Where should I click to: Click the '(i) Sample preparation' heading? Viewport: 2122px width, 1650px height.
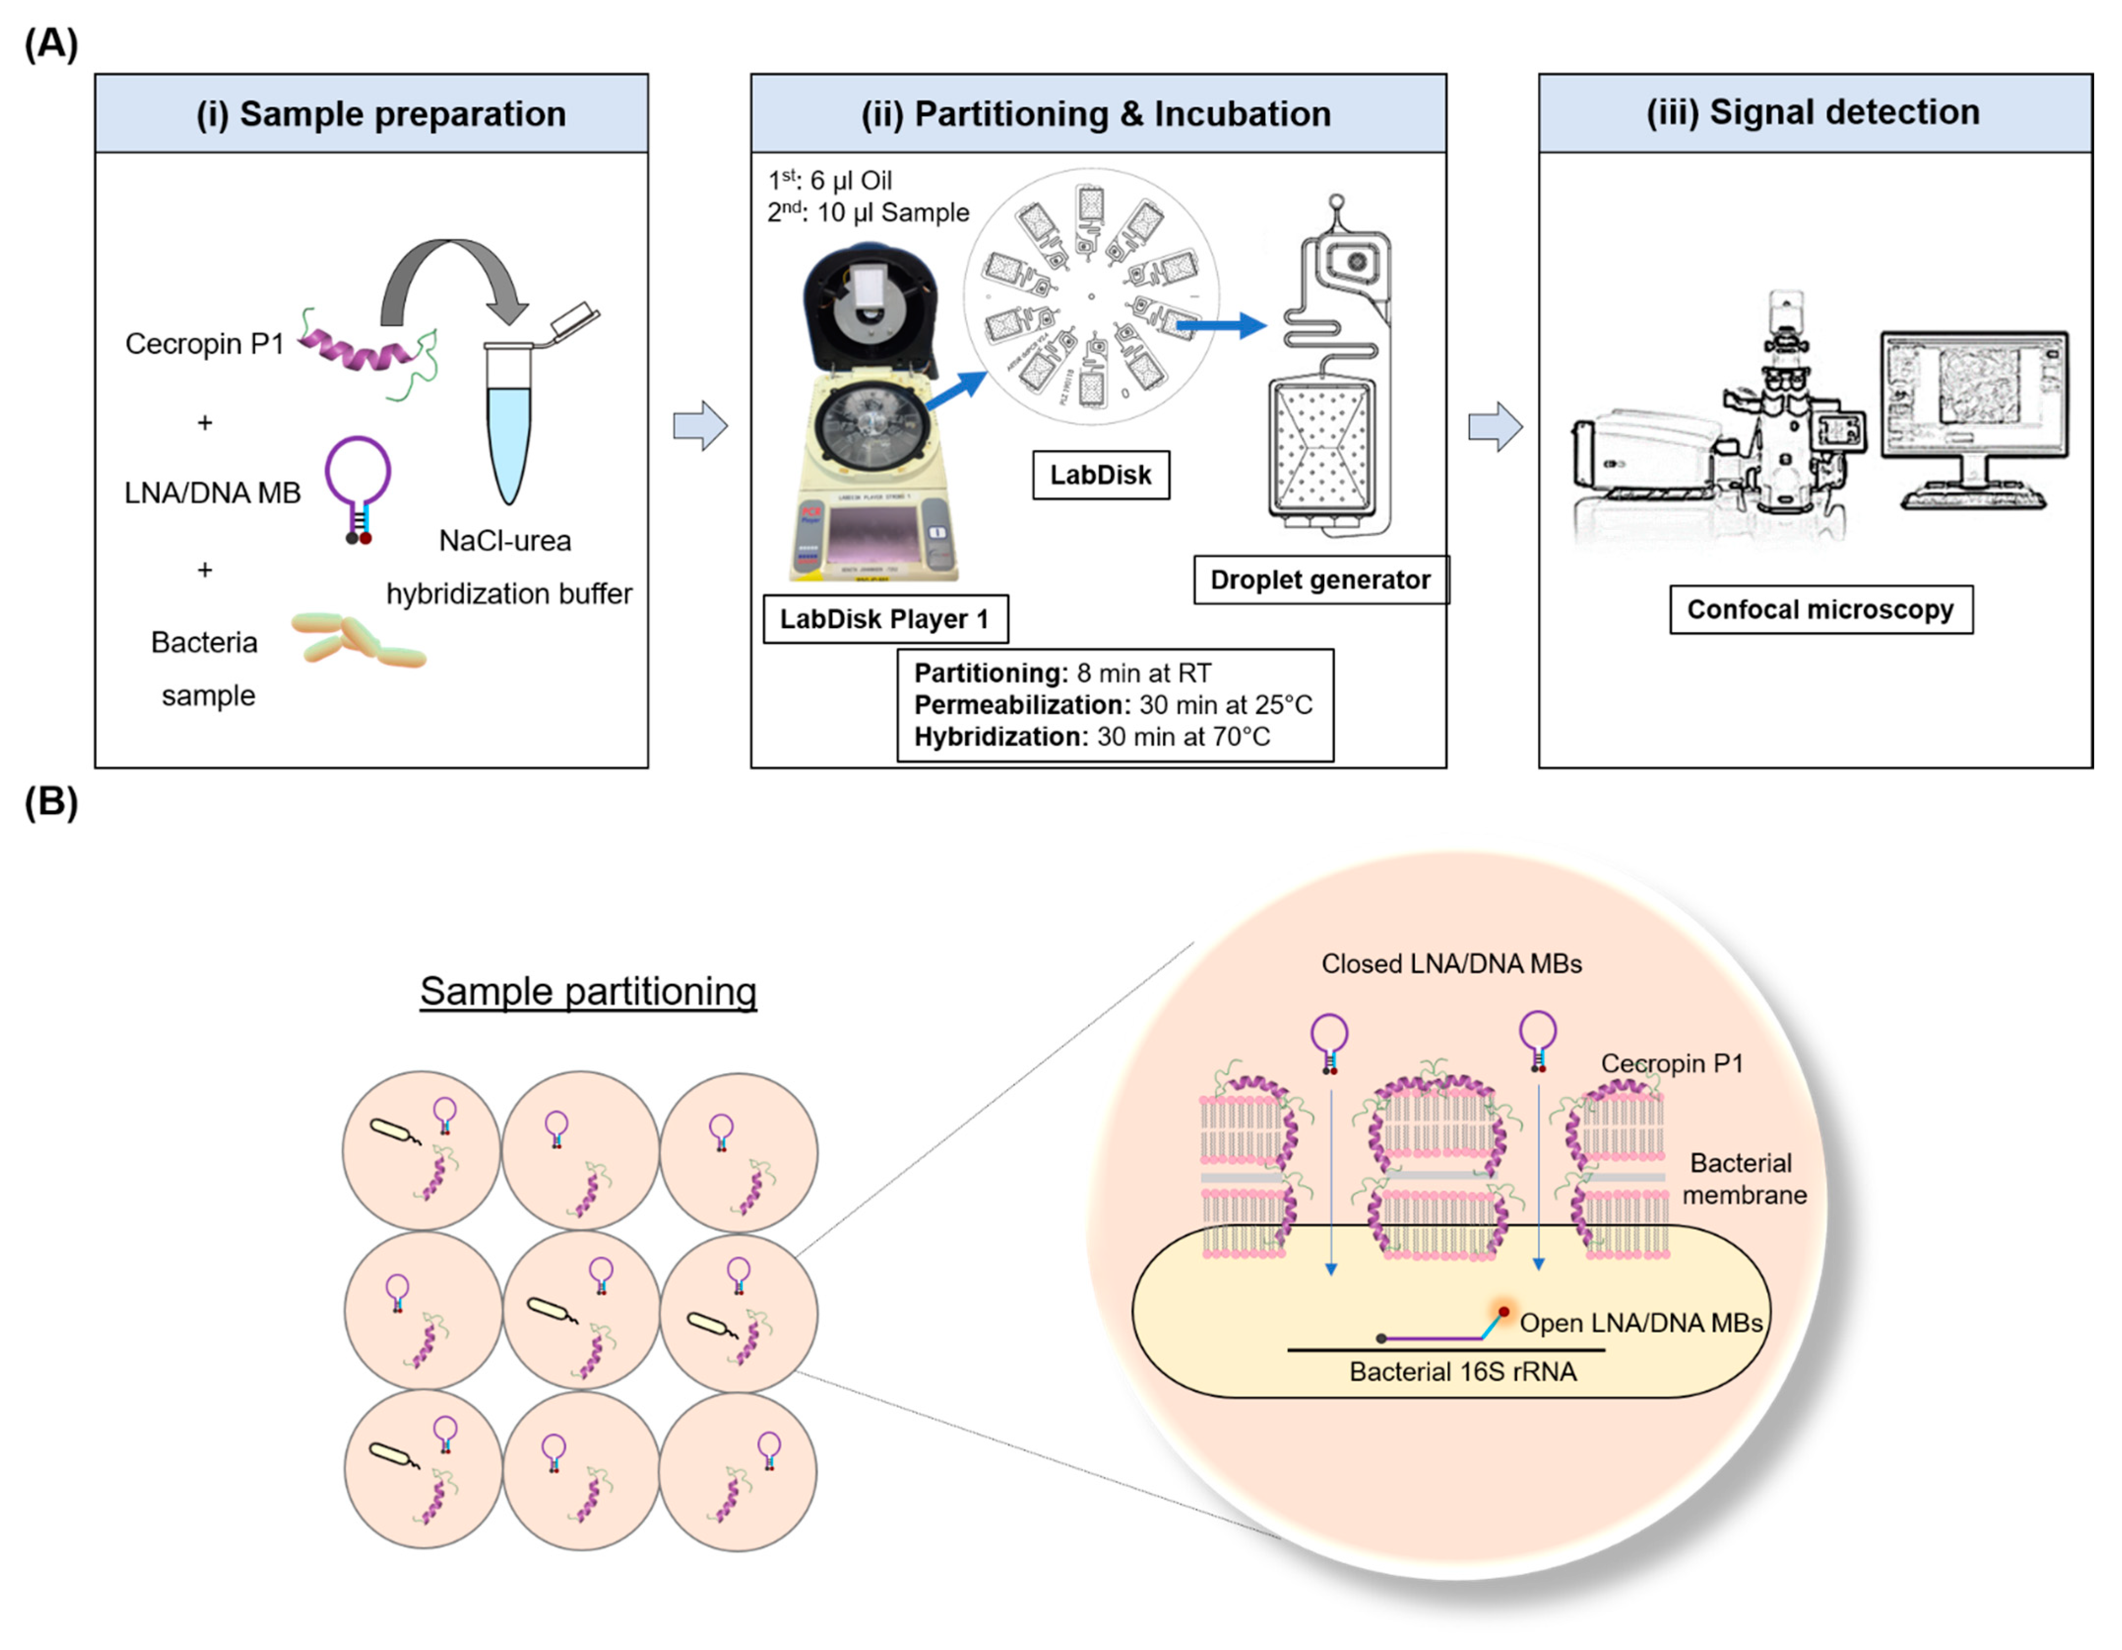(x=381, y=114)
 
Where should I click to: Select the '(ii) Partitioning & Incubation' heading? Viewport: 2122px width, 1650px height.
(x=1096, y=114)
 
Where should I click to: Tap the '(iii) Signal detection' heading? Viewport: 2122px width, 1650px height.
(x=1813, y=112)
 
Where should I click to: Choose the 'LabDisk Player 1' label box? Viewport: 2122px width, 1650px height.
(x=884, y=619)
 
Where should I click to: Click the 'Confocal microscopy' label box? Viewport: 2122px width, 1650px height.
(x=1820, y=609)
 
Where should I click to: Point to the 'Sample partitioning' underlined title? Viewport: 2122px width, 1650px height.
(x=588, y=991)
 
